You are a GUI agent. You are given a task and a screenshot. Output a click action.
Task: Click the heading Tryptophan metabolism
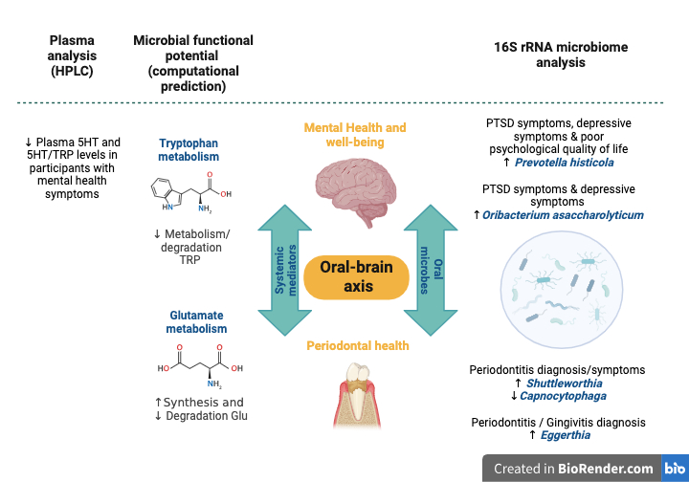coord(189,150)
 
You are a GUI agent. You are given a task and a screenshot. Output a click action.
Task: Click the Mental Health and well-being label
coord(355,135)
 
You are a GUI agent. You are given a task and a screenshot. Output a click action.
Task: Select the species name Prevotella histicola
coord(565,164)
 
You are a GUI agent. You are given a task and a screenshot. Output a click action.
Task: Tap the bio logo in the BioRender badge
coord(673,468)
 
